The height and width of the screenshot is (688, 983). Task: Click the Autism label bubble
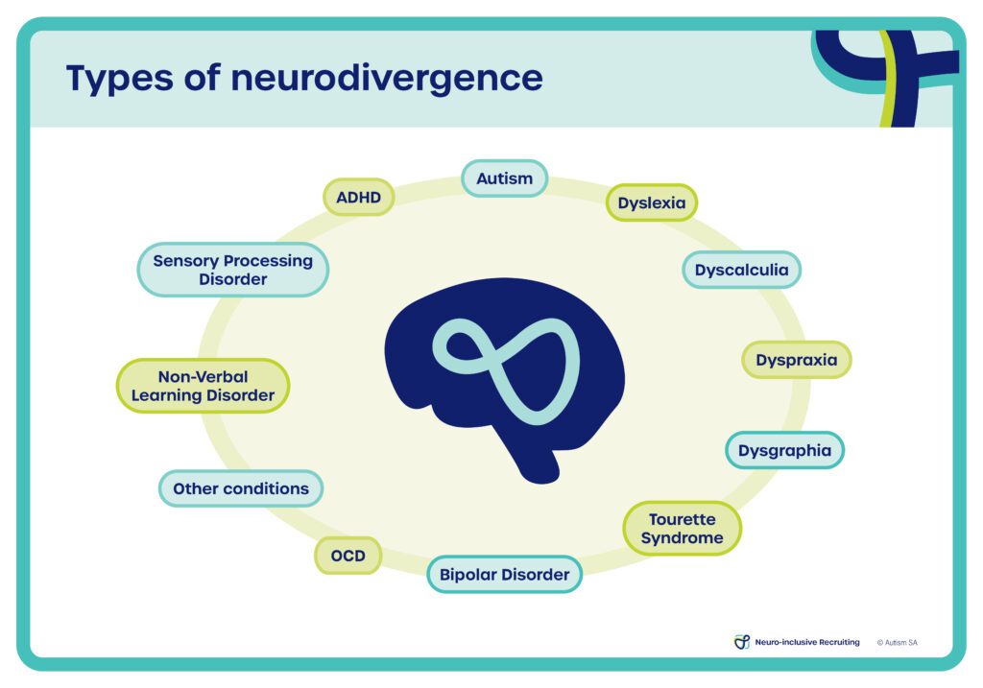coord(504,179)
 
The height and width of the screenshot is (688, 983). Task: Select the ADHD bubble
coord(358,198)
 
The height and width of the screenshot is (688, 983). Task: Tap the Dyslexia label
coord(651,202)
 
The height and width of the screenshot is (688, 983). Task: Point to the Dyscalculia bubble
coord(741,270)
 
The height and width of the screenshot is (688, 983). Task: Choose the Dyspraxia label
coord(796,360)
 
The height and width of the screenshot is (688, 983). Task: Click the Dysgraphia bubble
coord(784,450)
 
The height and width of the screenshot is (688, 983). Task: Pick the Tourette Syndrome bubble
coord(682,528)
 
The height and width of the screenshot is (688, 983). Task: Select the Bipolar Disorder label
coord(504,575)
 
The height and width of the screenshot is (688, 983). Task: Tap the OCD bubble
coord(348,556)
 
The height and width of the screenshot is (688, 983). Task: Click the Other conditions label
coord(240,488)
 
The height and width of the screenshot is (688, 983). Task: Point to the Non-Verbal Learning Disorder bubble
coord(203,386)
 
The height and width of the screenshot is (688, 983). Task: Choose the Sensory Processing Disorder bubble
coord(232,270)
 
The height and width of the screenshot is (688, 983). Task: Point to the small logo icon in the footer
coord(741,642)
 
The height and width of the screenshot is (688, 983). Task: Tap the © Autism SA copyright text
coord(897,642)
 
